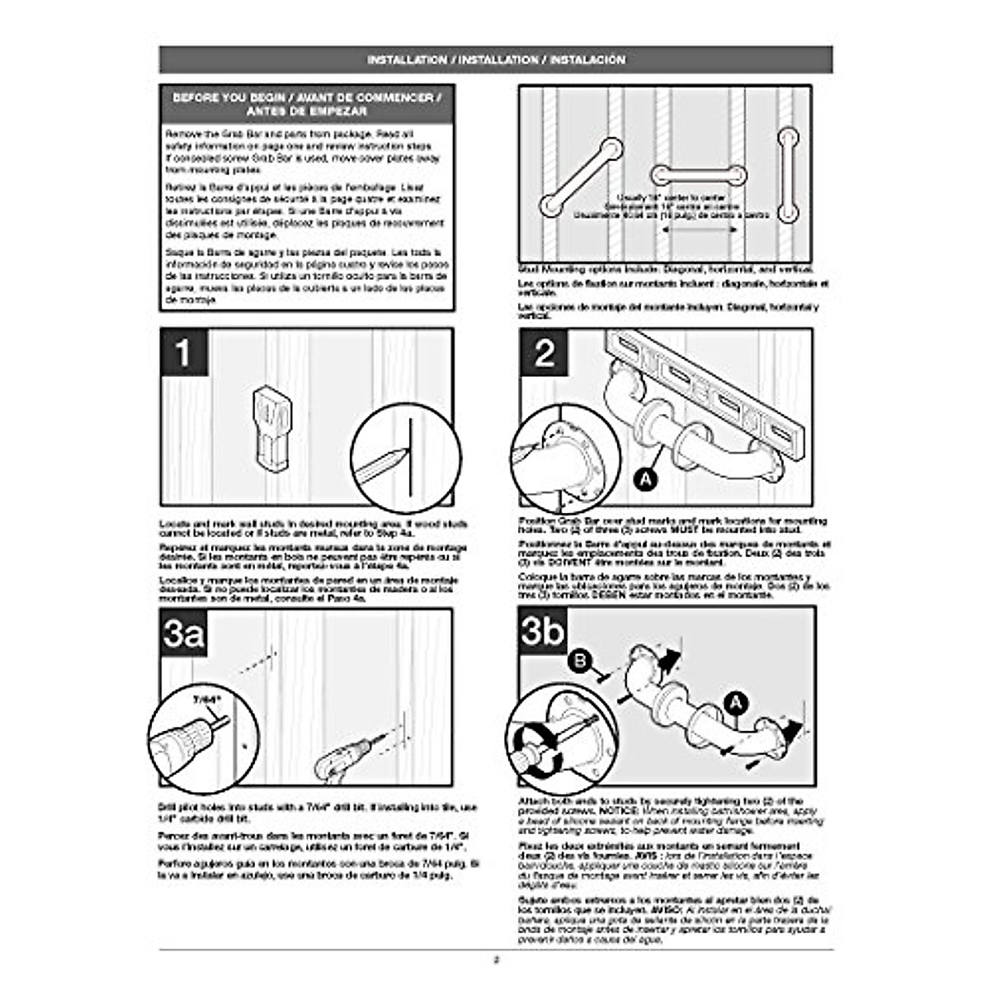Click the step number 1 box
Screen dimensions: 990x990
point(182,353)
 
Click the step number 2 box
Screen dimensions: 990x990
point(544,353)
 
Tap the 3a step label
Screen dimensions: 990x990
point(183,634)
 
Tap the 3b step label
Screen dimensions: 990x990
point(543,632)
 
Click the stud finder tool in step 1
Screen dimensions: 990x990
point(271,425)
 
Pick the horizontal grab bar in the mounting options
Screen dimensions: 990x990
point(700,175)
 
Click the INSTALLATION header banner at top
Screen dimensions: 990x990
point(496,60)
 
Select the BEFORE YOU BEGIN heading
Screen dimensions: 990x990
point(307,104)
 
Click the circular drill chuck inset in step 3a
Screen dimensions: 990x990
point(203,734)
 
